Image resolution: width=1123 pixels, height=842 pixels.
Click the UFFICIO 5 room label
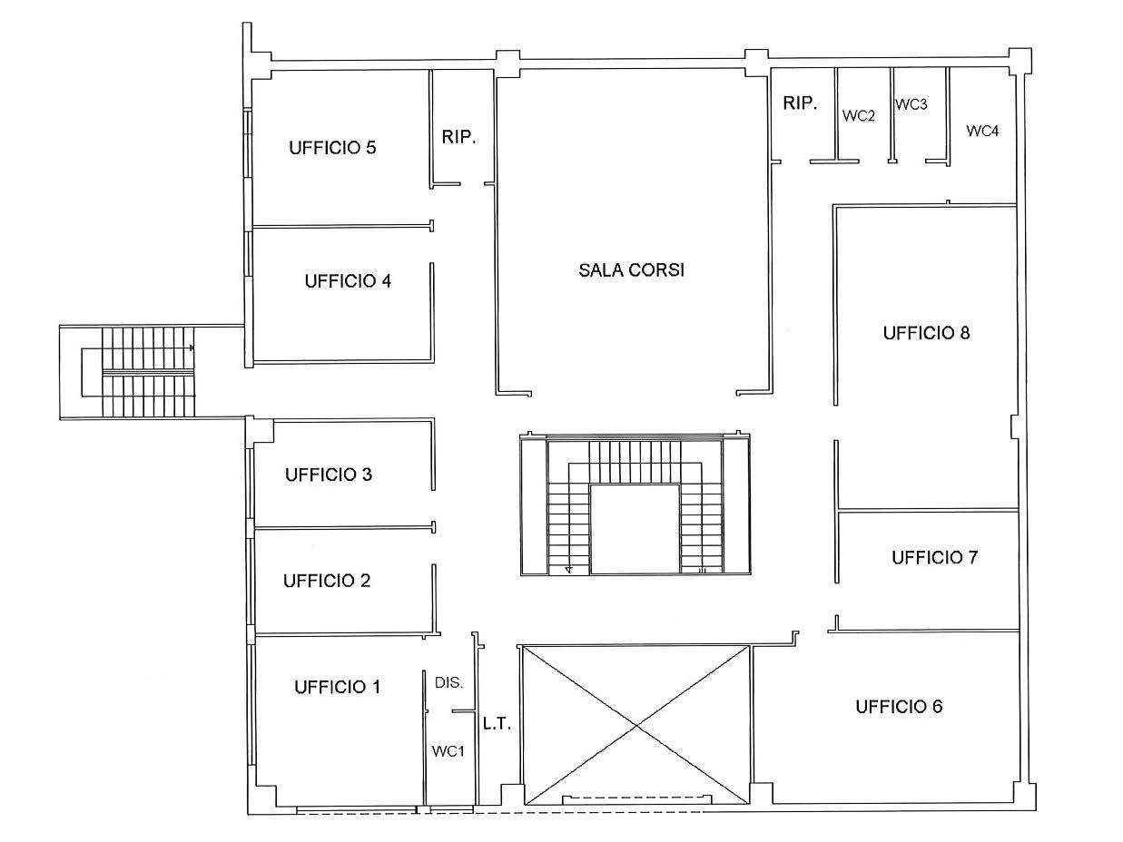click(x=332, y=148)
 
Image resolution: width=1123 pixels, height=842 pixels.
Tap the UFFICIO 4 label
click(x=348, y=281)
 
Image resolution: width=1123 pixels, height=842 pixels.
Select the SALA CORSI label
click(x=631, y=270)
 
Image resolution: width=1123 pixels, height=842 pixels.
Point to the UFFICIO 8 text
click(x=926, y=333)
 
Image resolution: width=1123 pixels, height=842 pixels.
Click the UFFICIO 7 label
click(x=935, y=557)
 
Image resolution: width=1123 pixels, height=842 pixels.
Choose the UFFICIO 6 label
click(x=899, y=707)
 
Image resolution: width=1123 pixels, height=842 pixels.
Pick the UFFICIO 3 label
click(x=329, y=475)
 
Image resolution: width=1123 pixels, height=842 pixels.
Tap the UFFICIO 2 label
click(x=327, y=581)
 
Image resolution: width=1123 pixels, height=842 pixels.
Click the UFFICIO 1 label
click(x=337, y=687)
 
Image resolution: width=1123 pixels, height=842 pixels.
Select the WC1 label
click(x=448, y=751)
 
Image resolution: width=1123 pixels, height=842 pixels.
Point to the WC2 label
click(x=859, y=116)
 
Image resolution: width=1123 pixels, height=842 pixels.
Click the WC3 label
click(x=911, y=104)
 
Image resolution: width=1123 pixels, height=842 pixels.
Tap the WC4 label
click(x=982, y=132)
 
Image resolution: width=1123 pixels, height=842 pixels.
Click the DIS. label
click(x=448, y=682)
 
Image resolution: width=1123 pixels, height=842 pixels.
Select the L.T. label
click(x=497, y=723)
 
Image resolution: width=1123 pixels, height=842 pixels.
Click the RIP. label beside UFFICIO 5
click(x=459, y=137)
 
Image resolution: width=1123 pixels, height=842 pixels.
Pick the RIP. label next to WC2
click(x=800, y=103)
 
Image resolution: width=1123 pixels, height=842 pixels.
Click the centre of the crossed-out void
click(x=635, y=726)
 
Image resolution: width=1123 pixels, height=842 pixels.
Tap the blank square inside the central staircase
click(x=635, y=529)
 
